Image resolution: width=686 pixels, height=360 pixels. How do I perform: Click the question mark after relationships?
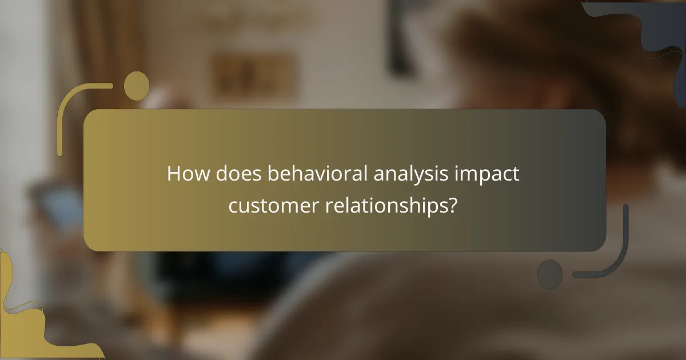pos(452,206)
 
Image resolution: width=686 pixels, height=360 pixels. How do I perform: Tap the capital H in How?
pos(174,174)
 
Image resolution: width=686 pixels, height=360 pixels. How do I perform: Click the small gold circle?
pos(137,86)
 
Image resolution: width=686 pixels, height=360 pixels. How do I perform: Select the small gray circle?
pos(550,274)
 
